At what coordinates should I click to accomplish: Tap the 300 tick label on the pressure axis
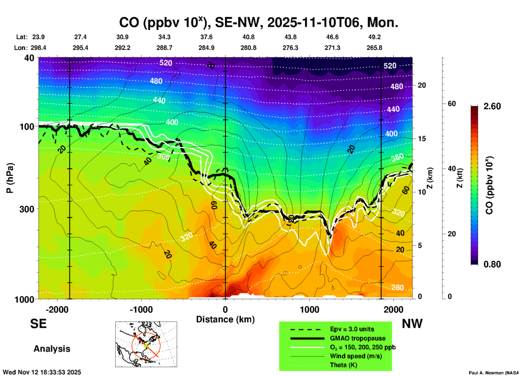(27, 209)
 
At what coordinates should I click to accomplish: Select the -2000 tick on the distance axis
(57, 310)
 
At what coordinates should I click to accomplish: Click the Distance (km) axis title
(225, 320)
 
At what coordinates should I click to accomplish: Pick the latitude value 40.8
(248, 37)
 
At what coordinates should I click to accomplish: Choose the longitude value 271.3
(332, 48)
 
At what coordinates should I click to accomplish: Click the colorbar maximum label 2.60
(492, 106)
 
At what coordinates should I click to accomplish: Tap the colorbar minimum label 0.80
(492, 264)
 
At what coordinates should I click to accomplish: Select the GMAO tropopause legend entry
(358, 338)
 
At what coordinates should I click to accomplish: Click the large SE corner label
(38, 324)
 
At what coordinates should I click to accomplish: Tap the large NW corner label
(412, 324)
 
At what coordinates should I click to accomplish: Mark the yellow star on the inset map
(146, 345)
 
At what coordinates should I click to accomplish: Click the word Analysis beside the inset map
(52, 349)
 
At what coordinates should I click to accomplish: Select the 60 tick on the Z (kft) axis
(452, 104)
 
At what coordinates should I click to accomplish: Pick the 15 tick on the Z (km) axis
(422, 139)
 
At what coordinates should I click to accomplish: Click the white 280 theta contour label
(397, 288)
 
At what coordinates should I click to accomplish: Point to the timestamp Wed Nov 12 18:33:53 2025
(42, 372)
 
